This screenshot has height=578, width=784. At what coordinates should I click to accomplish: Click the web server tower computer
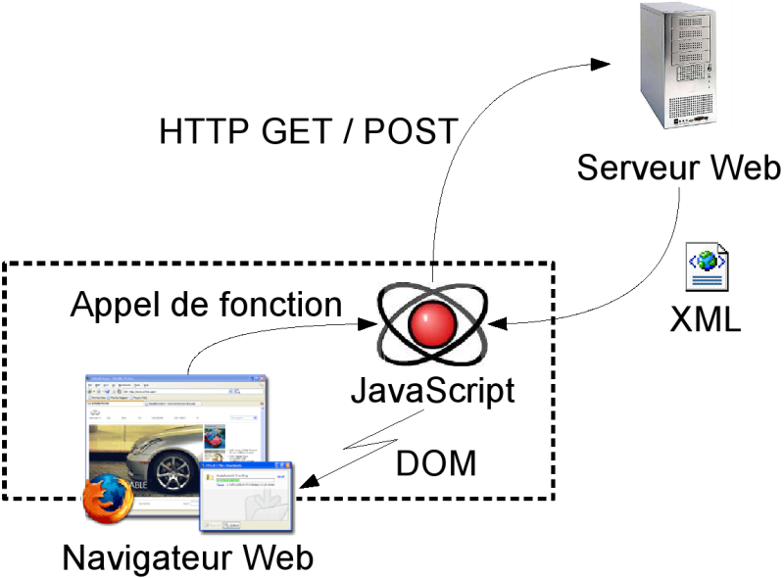[x=679, y=68]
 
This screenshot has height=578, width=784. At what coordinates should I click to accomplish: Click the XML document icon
[x=708, y=267]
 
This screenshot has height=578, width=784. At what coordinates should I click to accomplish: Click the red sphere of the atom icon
[x=431, y=324]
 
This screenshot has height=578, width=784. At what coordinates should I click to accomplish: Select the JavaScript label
[x=432, y=391]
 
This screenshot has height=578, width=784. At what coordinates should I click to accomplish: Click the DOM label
[x=436, y=462]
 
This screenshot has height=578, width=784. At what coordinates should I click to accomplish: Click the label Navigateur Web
[x=188, y=558]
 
